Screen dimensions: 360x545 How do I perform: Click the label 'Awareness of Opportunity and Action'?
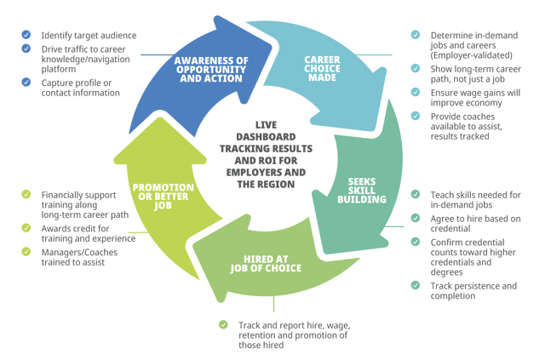point(210,70)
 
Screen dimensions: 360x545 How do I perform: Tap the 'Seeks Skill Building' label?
point(367,191)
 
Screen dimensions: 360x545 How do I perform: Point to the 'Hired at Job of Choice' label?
point(265,264)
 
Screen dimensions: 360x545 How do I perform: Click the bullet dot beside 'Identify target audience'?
point(26,36)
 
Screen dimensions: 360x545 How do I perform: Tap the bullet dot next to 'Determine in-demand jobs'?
point(415,36)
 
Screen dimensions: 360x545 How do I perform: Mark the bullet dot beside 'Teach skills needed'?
point(415,195)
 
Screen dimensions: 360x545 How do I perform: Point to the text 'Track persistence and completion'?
point(473,290)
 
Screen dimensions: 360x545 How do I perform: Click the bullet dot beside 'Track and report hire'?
point(224,324)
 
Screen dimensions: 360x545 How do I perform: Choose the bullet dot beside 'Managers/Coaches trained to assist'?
point(26,252)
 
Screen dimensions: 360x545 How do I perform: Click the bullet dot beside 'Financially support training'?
point(26,195)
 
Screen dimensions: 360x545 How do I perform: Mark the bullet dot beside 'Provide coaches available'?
point(415,116)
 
